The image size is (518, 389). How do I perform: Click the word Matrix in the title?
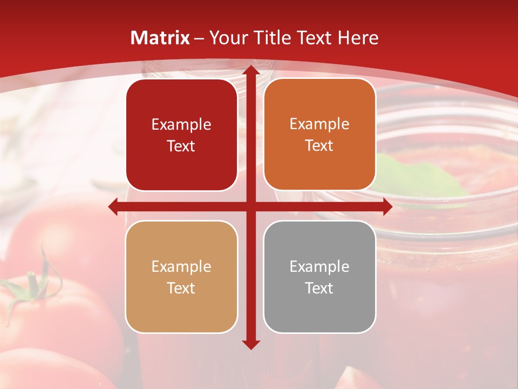pyautogui.click(x=160, y=38)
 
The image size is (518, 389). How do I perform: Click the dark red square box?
pyautogui.click(x=181, y=135)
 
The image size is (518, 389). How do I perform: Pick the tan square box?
pyautogui.click(x=181, y=277)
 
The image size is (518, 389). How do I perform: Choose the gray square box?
pyautogui.click(x=319, y=277)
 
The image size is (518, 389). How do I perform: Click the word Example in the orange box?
pyautogui.click(x=319, y=124)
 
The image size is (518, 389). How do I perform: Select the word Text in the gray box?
pyautogui.click(x=319, y=288)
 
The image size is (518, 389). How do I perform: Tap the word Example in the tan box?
pyautogui.click(x=181, y=266)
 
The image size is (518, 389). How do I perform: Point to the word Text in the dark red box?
pyautogui.click(x=181, y=146)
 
